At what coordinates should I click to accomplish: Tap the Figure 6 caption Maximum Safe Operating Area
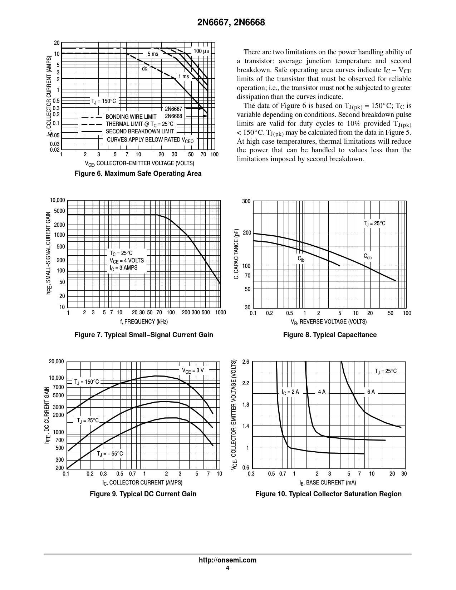(x=138, y=174)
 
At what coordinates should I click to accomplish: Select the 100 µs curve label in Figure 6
(x=201, y=51)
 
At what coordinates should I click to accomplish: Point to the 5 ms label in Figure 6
(x=153, y=54)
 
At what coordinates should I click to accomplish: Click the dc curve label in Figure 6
(x=144, y=68)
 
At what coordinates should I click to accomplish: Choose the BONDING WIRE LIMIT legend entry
(x=131, y=117)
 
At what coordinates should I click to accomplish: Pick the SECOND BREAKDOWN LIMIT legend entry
(x=139, y=132)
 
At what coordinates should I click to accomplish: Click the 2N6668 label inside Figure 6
(x=173, y=116)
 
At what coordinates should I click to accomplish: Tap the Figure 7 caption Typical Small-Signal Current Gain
(x=144, y=335)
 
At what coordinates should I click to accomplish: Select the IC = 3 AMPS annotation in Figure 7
(x=123, y=268)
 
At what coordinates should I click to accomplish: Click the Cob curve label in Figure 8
(x=368, y=256)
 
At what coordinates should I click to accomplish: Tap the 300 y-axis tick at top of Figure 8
(x=246, y=202)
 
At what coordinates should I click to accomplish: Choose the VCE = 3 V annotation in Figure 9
(x=193, y=370)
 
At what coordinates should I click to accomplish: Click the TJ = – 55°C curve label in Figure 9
(x=110, y=454)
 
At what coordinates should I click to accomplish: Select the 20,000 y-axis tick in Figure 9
(x=57, y=362)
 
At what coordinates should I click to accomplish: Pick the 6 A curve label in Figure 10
(x=371, y=392)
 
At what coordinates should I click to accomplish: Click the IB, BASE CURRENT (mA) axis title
(x=328, y=483)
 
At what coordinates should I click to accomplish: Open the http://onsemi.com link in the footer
(x=227, y=560)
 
